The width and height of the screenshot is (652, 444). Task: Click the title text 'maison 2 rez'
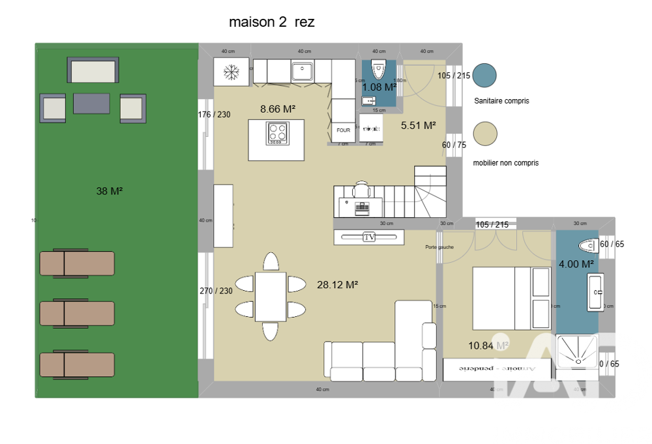point(271,22)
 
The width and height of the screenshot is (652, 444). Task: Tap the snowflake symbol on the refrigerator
point(231,71)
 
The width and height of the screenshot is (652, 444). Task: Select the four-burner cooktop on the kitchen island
point(276,133)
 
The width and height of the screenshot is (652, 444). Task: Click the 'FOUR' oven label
point(343,130)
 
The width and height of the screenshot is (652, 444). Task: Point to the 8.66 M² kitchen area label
point(278,109)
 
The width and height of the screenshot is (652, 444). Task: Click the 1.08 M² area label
point(379,87)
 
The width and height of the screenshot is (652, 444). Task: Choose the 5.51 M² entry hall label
point(418,125)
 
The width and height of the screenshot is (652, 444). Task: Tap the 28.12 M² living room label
point(338,284)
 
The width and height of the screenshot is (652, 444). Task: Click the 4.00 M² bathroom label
point(576,264)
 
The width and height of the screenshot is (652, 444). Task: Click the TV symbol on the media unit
point(370,237)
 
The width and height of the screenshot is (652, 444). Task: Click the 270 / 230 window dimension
point(215,291)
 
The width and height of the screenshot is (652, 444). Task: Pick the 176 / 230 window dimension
point(215,115)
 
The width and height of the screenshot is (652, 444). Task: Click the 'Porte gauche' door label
point(439,247)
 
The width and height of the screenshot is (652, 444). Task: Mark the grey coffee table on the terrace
point(91,103)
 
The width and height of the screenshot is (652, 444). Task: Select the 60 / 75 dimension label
point(454,145)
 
